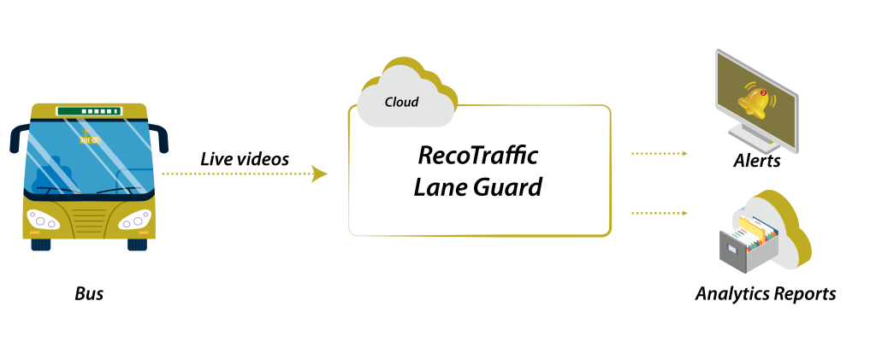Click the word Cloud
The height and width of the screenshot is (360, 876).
401,102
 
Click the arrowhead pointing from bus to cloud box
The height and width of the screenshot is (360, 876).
319,174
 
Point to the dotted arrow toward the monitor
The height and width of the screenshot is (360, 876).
659,154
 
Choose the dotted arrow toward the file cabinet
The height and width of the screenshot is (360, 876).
659,213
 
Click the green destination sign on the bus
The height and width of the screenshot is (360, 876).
89,111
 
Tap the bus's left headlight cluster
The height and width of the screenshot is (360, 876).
43,220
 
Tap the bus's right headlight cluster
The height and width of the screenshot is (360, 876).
134,221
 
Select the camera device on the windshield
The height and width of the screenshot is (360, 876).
88,139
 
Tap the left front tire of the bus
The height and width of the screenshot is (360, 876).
41,245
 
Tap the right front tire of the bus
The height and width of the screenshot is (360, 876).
137,245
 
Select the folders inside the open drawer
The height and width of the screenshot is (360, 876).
757,231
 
